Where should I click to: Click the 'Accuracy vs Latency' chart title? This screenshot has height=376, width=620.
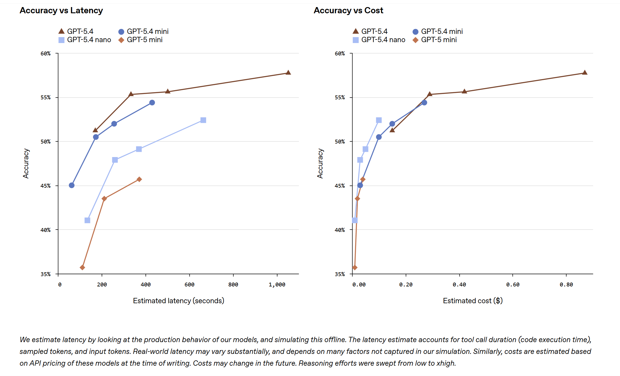(x=61, y=11)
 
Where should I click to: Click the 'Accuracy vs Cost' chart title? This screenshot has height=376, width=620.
(x=348, y=11)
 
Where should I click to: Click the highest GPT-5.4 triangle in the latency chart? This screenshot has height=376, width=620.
(x=288, y=72)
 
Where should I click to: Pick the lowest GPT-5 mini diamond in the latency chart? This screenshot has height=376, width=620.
(x=82, y=268)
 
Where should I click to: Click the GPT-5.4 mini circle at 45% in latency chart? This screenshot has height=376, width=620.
(x=72, y=185)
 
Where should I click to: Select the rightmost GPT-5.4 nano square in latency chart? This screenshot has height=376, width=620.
(x=203, y=120)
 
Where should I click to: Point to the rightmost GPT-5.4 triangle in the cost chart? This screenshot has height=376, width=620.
(x=585, y=72)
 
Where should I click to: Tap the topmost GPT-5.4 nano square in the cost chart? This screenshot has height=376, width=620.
(x=379, y=120)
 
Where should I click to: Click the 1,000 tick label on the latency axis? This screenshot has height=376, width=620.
(x=277, y=285)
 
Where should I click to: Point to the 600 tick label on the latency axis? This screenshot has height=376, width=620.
(x=189, y=285)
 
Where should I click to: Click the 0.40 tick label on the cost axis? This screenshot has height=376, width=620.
(x=459, y=285)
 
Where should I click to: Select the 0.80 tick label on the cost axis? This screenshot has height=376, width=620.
(x=566, y=285)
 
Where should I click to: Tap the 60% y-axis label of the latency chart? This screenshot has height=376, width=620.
(x=46, y=54)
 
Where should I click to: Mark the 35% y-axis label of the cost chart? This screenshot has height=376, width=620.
(x=340, y=274)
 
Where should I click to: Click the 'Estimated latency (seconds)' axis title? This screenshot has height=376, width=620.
(x=178, y=301)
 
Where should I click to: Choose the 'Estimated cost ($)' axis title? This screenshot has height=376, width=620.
(x=473, y=301)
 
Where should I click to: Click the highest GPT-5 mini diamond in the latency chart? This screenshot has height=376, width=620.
(x=139, y=179)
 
